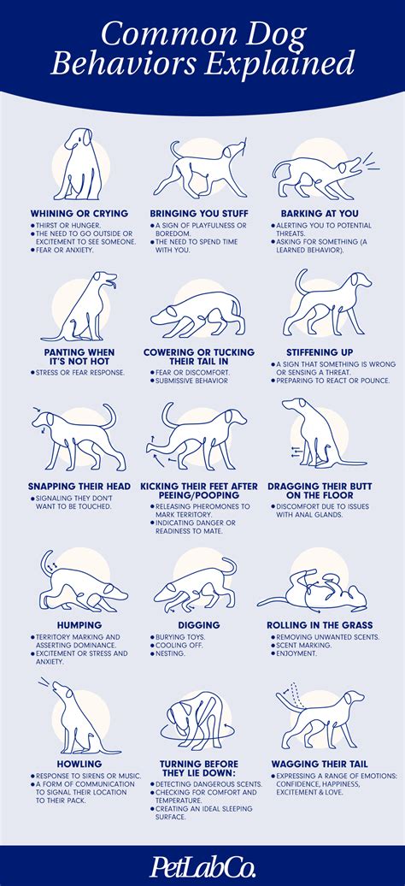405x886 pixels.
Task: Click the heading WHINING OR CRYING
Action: [79, 213]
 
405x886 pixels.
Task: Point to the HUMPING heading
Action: [79, 625]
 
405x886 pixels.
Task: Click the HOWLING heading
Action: [79, 763]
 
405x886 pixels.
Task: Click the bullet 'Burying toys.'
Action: [180, 638]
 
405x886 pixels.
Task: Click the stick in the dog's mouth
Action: [244, 147]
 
